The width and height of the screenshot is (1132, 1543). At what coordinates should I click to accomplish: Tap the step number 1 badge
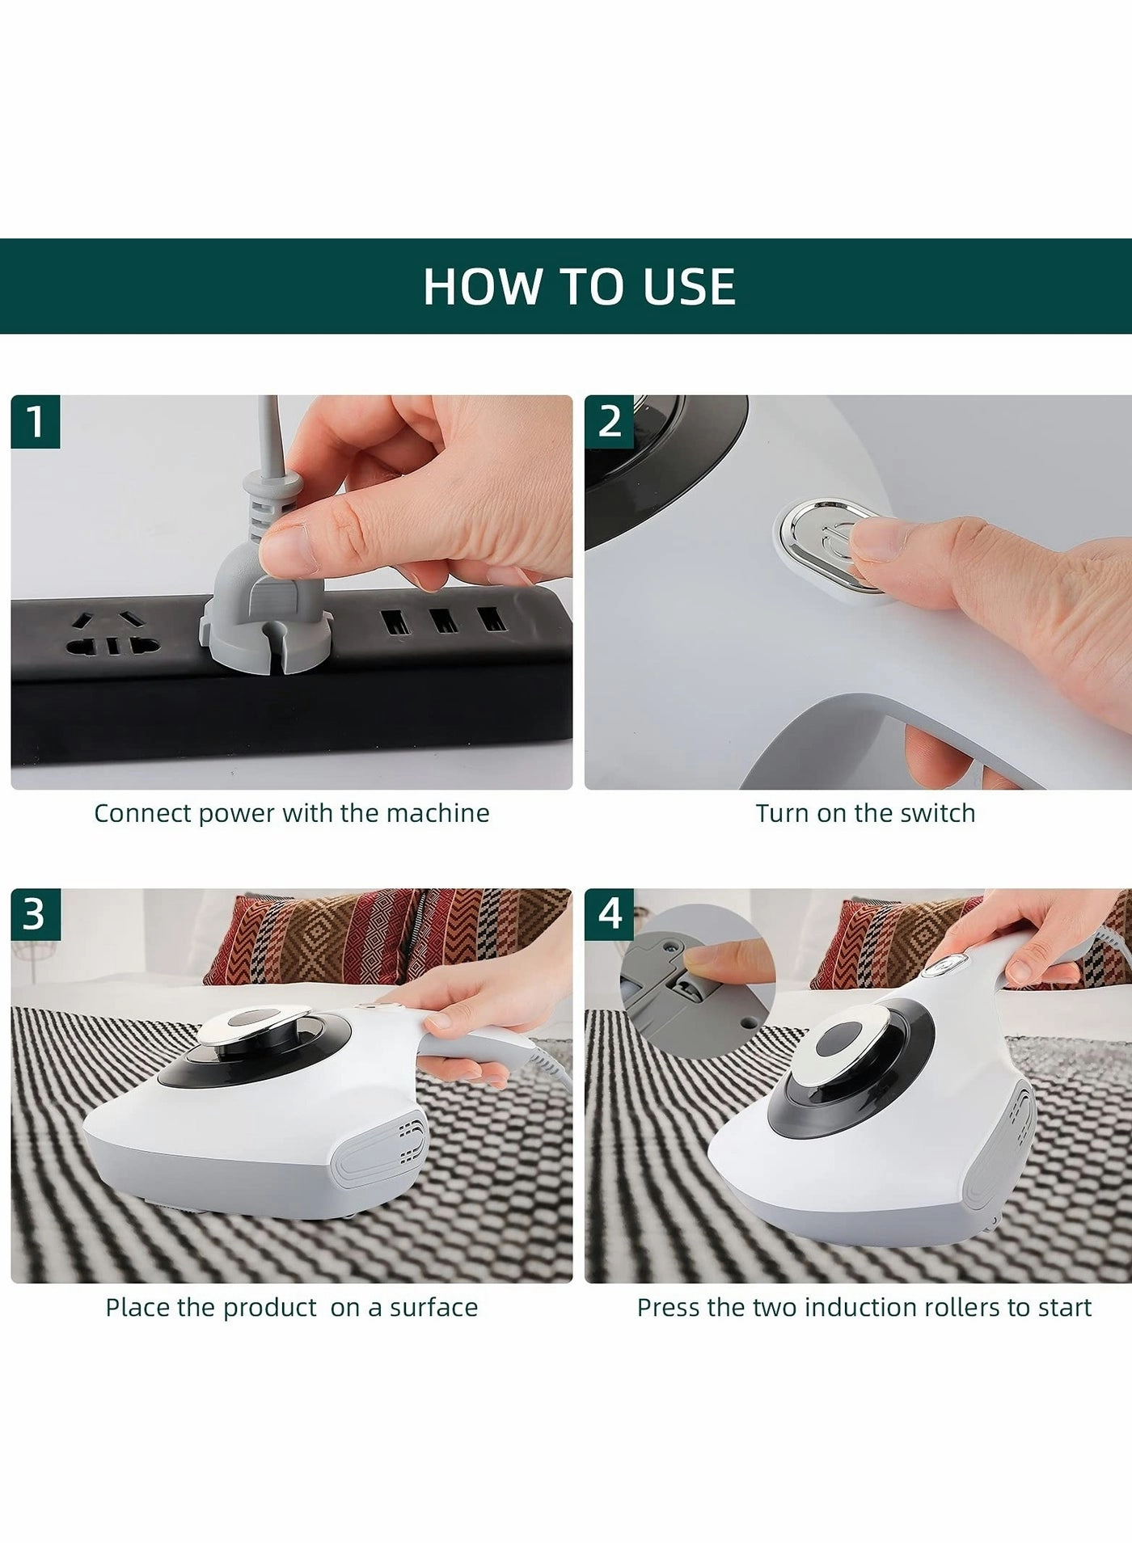pos(36,421)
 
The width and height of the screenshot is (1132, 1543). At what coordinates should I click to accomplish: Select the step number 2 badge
pos(610,421)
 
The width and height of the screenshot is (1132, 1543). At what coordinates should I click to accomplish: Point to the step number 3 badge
pos(36,914)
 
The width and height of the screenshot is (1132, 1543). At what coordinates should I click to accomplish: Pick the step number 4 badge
pos(610,914)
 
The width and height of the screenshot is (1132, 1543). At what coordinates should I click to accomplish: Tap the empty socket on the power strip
pos(112,635)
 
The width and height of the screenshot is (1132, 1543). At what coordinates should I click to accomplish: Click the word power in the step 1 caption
pos(236,814)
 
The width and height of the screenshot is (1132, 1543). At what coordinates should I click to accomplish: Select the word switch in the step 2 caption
pos(938,813)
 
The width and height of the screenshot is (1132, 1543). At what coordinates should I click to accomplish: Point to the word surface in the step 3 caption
pos(433,1308)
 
